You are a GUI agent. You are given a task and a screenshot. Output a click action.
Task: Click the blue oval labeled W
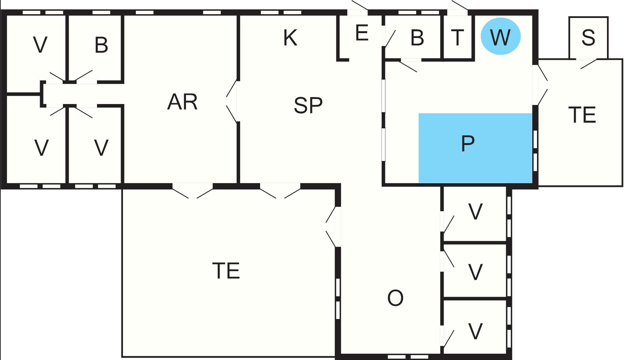[500, 36]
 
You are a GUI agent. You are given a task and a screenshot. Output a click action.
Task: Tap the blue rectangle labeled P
[475, 148]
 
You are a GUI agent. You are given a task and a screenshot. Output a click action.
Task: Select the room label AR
[182, 102]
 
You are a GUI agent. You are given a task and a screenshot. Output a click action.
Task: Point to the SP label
[308, 105]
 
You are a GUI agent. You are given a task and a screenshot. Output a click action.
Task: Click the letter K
[290, 38]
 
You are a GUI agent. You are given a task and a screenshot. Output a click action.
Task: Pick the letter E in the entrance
[362, 32]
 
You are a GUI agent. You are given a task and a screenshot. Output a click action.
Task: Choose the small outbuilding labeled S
[588, 38]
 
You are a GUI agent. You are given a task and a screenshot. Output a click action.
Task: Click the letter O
[395, 298]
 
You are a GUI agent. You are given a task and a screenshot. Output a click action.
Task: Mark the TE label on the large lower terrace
[226, 270]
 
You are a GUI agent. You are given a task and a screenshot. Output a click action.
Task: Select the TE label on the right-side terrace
[582, 115]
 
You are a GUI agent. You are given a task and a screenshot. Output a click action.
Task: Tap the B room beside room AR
[95, 48]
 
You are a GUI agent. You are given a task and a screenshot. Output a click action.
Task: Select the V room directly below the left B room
[95, 144]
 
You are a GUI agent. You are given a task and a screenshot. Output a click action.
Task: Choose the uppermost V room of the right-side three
[475, 214]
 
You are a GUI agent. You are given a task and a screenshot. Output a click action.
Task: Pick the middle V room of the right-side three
[475, 270]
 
